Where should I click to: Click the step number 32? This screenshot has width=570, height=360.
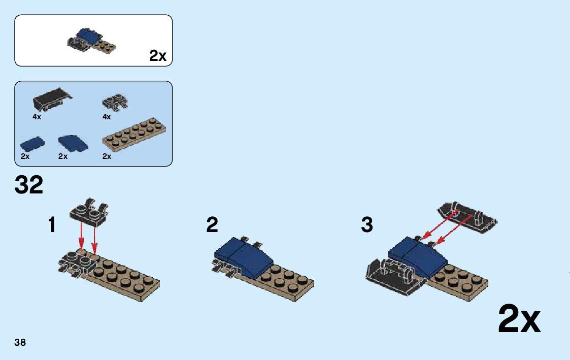29,185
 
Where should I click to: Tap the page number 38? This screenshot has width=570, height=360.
20,342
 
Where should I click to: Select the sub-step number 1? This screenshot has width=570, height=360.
52,224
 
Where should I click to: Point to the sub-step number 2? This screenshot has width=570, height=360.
212,224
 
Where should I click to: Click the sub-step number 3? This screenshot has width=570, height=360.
366,224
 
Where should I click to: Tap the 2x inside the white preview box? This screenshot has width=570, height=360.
158,56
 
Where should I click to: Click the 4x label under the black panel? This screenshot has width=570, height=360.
37,117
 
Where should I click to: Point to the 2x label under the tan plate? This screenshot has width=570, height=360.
107,156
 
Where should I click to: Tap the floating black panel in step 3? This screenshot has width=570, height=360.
467,217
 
